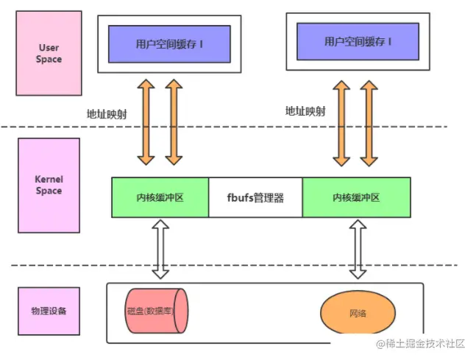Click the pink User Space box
pos(49,53)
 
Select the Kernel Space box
pos(49,186)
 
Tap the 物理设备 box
pos(49,311)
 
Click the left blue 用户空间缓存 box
pos(169,44)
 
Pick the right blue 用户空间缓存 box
pos(358,41)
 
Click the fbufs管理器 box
pos(255,197)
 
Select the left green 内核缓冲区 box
pos(160,197)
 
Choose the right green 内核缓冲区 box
pos(356,197)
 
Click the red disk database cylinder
pos(157,311)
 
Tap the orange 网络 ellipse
pos(358,312)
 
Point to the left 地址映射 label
pos(107,114)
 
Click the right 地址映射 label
pos(305,111)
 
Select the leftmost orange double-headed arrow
pos(146,122)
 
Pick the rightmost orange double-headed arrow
pos(369,124)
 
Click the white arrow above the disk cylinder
pos(160,249)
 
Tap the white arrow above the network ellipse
pos(358,249)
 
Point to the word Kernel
pos(49,179)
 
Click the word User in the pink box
pos(49,48)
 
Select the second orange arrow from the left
pos(174,122)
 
